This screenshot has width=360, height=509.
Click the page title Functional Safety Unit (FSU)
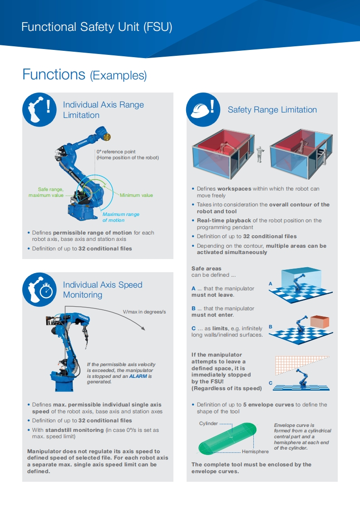[x=97, y=27]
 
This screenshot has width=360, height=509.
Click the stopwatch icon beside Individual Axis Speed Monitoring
[x=46, y=290]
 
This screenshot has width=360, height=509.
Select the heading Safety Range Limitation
[x=272, y=110]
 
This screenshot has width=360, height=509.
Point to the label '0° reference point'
[x=116, y=152]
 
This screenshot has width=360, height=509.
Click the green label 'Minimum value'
[x=136, y=195]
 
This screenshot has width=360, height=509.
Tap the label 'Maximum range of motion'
[x=121, y=217]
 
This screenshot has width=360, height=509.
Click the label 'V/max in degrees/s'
[x=144, y=312]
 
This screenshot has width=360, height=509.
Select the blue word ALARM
[x=138, y=376]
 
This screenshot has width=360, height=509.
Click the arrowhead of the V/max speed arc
[x=143, y=328]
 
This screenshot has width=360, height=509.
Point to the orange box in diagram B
[x=320, y=321]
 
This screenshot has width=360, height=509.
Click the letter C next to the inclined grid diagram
[x=271, y=383]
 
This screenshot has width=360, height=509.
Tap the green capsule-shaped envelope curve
[x=227, y=438]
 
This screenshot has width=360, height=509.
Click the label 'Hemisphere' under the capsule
[x=255, y=451]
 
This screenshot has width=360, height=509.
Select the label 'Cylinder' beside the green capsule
[x=208, y=423]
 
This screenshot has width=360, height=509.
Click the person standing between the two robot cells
[x=259, y=154]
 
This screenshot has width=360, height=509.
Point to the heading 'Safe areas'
[x=206, y=269]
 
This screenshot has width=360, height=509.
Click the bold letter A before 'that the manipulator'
[x=194, y=289]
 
